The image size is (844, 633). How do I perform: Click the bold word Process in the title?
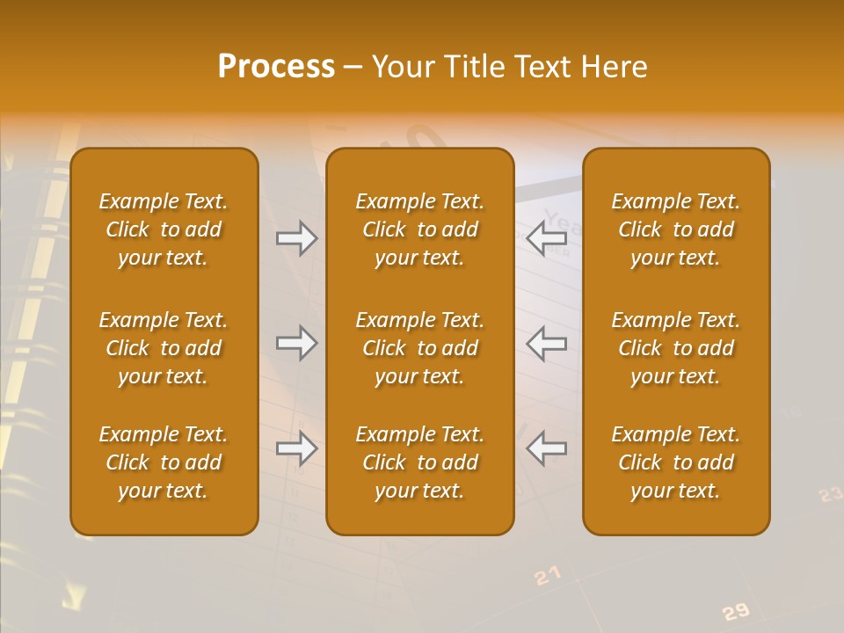(276, 67)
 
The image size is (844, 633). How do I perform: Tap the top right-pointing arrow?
(297, 238)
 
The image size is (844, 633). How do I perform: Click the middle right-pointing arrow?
(297, 343)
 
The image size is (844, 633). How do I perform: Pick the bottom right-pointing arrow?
(297, 448)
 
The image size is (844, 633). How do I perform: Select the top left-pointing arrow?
(546, 237)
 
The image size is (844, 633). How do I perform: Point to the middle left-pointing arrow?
(546, 343)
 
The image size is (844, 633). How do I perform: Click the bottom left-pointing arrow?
(546, 448)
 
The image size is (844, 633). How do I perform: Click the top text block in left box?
(164, 229)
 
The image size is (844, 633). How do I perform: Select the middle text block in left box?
(164, 348)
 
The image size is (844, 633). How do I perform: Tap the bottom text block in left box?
(164, 462)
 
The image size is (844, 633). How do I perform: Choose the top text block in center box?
(420, 229)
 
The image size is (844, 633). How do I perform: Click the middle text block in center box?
(420, 348)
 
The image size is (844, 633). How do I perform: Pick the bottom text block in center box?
(420, 462)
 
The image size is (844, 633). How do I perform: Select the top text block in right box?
(676, 229)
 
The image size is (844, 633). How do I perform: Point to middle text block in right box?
(676, 348)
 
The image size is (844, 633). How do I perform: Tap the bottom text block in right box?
(676, 462)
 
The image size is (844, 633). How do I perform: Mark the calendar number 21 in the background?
(547, 576)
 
